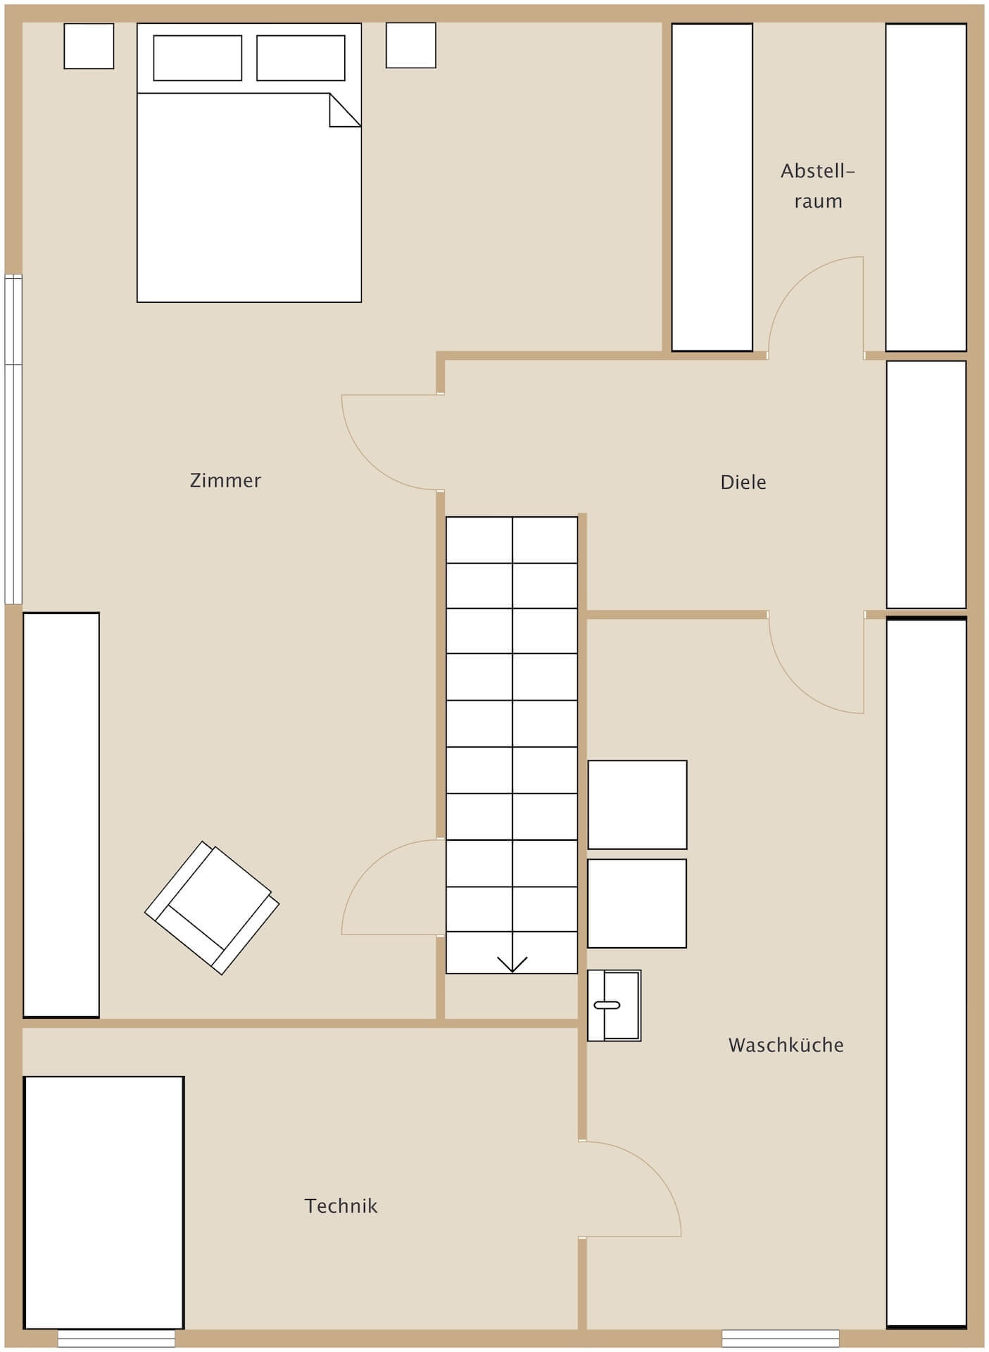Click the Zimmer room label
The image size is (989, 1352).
coord(225,480)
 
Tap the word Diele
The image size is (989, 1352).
coord(743,482)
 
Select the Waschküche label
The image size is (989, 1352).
coord(786,1045)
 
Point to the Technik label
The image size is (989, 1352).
coord(341,1206)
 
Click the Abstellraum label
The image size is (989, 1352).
coord(818,186)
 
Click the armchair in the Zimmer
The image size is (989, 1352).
coord(212,908)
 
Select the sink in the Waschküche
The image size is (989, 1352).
coord(614,1005)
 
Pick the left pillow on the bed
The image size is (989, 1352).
coord(198,58)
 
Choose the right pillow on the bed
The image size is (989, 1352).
coord(301,58)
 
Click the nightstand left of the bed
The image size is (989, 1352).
coord(89,46)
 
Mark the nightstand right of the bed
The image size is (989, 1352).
coord(411,45)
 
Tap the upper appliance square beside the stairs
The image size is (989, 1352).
coord(637,805)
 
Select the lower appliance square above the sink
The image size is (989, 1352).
coord(637,903)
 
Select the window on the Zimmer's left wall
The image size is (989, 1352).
coord(13,439)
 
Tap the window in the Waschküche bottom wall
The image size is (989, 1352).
coord(781,1338)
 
